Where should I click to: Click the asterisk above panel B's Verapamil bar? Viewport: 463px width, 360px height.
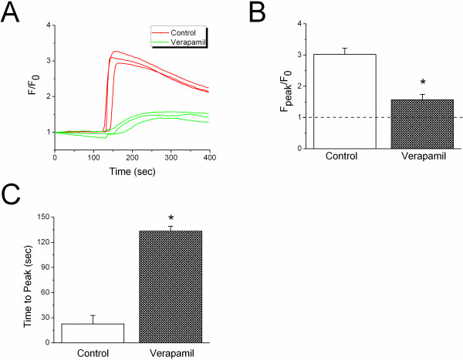coord(422,82)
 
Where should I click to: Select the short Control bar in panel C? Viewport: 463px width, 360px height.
coord(93,333)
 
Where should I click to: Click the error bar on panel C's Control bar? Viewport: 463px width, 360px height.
coord(93,319)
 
